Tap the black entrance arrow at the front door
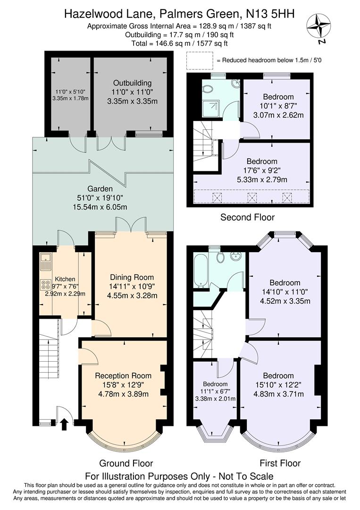(65, 425)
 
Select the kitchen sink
(46, 258)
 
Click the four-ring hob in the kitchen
(46, 285)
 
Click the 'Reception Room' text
(123, 375)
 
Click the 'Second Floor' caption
(248, 217)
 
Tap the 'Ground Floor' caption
(126, 463)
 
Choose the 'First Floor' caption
(280, 463)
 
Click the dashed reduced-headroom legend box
(200, 60)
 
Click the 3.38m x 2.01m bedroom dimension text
(215, 399)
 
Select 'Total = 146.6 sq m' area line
(180, 43)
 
